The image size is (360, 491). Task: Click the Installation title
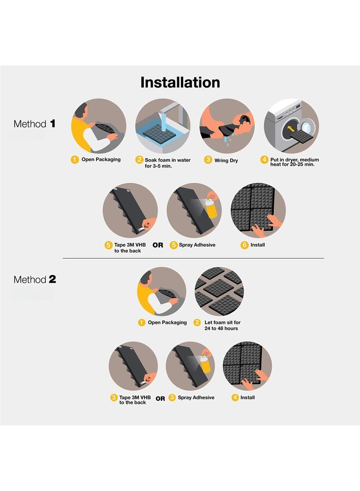pyautogui.click(x=180, y=82)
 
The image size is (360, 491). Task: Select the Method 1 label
pyautogui.click(x=34, y=124)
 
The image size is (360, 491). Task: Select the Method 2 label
pyautogui.click(x=34, y=279)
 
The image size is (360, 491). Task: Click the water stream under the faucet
pyautogui.click(x=163, y=120)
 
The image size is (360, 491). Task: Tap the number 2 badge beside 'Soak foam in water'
pyautogui.click(x=139, y=160)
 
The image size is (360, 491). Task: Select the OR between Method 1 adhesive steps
pyautogui.click(x=158, y=245)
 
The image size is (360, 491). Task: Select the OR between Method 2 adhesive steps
pyautogui.click(x=160, y=399)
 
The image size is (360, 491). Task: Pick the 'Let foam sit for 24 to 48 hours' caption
pyautogui.click(x=222, y=325)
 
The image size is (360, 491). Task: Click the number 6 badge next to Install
pyautogui.click(x=244, y=245)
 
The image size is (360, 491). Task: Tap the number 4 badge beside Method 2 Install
pyautogui.click(x=235, y=398)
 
